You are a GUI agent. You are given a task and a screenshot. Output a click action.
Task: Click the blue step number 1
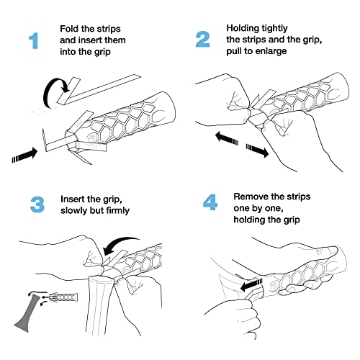(34, 41)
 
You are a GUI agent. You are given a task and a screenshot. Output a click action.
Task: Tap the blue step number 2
(202, 40)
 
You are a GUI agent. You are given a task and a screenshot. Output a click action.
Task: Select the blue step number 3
(37, 204)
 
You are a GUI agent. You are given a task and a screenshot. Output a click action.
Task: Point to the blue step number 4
(210, 202)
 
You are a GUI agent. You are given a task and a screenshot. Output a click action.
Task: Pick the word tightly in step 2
(274, 29)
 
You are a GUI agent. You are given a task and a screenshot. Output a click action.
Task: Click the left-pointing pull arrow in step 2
(227, 139)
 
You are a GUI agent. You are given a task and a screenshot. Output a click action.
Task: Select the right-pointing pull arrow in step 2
(257, 150)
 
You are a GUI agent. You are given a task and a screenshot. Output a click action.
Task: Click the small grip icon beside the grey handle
(63, 297)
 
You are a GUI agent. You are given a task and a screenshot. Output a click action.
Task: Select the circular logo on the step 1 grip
(92, 138)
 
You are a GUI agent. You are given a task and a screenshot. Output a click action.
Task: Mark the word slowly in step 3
(73, 210)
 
